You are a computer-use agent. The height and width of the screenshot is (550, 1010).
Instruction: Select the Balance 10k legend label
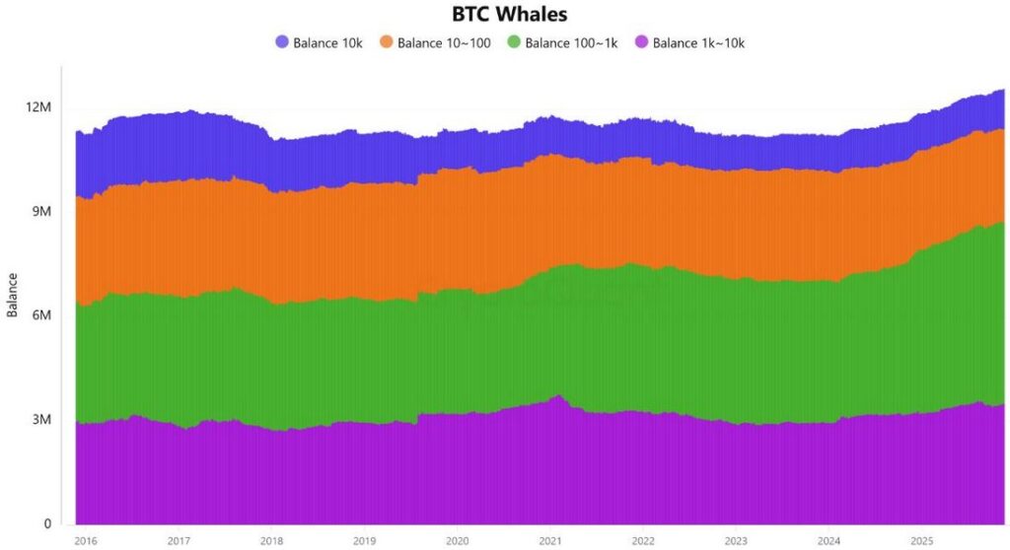tap(328, 42)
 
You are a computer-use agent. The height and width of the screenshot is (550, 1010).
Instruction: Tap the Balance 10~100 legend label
tap(444, 42)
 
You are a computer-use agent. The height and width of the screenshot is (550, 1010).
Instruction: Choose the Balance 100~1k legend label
tap(571, 42)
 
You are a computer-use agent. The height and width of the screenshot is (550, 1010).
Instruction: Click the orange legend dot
tap(387, 42)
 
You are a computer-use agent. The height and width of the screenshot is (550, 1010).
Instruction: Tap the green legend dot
tap(513, 42)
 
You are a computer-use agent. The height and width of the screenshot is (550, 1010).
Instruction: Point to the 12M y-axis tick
tap(39, 106)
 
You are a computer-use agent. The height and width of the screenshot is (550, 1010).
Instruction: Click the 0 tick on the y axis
tap(46, 524)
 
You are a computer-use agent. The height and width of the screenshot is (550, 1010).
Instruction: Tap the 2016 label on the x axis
tap(86, 541)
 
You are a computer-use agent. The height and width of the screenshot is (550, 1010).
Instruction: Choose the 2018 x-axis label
tap(271, 541)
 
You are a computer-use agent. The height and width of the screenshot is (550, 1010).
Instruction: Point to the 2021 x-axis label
tap(549, 541)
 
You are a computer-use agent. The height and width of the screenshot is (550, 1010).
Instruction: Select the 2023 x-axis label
tap(736, 541)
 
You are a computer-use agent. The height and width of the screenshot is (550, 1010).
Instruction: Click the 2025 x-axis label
tap(921, 541)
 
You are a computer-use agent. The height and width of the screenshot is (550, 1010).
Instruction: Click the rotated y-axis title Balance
tap(13, 295)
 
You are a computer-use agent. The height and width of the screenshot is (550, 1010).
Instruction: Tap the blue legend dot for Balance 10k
tap(282, 42)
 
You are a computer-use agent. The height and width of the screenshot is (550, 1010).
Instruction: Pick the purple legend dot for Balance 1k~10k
tap(641, 42)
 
